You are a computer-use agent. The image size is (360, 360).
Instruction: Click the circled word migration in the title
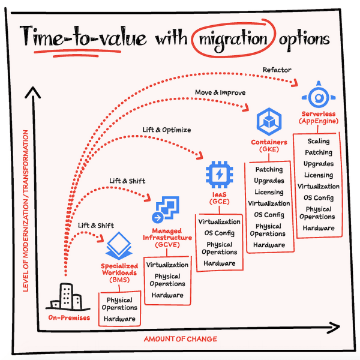pyautogui.click(x=231, y=40)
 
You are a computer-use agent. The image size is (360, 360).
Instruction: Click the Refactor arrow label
pyautogui.click(x=277, y=70)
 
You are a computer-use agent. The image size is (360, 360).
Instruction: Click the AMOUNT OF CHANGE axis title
pyautogui.click(x=180, y=339)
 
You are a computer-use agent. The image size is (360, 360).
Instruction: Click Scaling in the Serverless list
pyautogui.click(x=318, y=142)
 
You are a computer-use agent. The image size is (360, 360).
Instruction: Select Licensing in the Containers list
pyautogui.click(x=269, y=192)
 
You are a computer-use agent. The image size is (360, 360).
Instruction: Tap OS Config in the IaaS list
pyautogui.click(x=219, y=233)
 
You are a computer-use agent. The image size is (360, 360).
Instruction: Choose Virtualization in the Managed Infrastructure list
pyautogui.click(x=167, y=264)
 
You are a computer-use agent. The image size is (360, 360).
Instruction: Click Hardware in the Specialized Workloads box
pyautogui.click(x=119, y=319)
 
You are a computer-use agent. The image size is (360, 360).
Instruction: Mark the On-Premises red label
pyautogui.click(x=70, y=317)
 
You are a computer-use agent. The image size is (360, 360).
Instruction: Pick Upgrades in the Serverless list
pyautogui.click(x=318, y=164)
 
